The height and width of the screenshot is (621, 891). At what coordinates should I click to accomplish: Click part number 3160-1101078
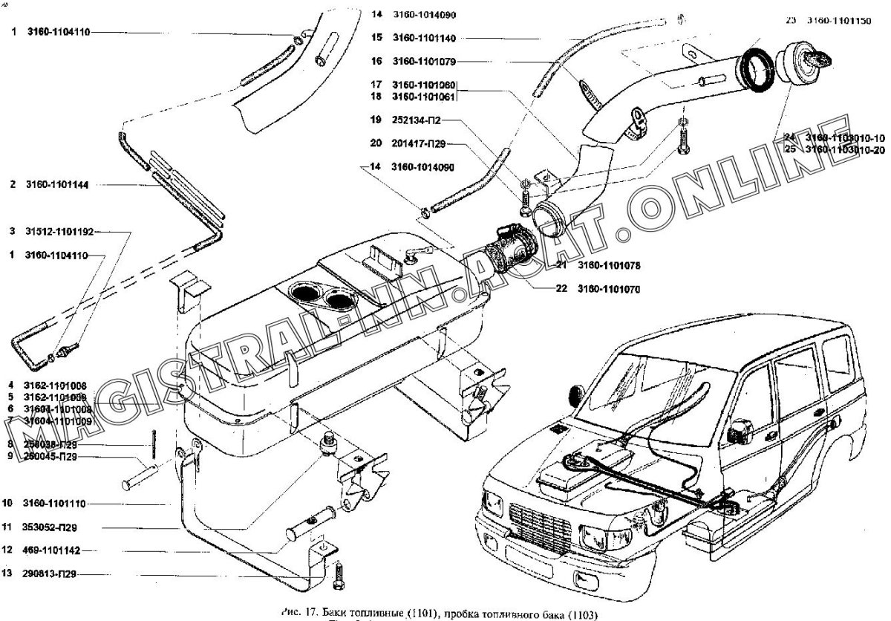[x=608, y=264]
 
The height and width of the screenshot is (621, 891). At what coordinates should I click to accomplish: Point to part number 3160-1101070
[x=608, y=288]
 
